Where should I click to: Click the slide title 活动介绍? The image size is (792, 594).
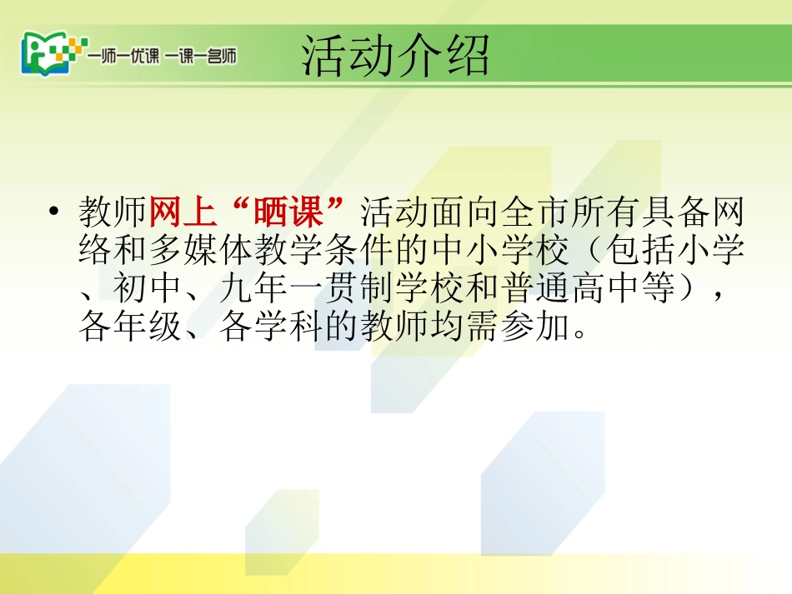click(395, 57)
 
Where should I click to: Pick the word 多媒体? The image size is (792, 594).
click(217, 252)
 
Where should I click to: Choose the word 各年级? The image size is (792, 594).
click(129, 328)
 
